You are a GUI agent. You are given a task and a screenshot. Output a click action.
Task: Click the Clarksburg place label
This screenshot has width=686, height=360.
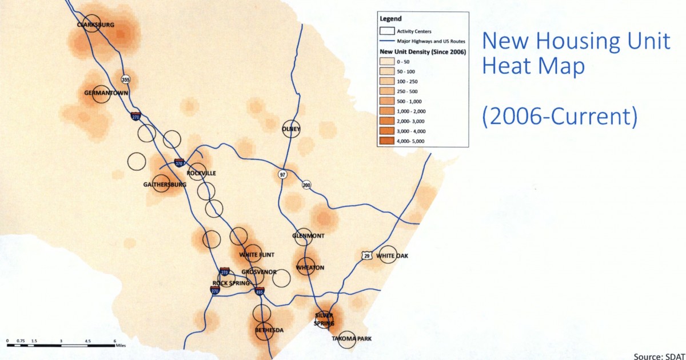(x=96, y=25)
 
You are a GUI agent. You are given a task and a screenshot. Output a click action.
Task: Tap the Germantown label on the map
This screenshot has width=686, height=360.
(x=106, y=93)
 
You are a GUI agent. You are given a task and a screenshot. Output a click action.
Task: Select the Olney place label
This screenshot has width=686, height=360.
(x=291, y=129)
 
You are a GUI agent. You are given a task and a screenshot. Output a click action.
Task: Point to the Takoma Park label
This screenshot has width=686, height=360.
(x=352, y=339)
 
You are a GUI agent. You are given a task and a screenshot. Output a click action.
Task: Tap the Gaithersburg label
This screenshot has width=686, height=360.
(x=165, y=185)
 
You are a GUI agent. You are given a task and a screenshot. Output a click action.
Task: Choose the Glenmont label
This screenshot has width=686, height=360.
(x=308, y=236)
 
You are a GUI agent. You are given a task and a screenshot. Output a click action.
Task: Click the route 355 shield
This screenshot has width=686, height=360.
(x=126, y=79)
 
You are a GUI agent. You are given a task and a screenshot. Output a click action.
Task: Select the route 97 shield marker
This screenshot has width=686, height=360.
(x=282, y=174)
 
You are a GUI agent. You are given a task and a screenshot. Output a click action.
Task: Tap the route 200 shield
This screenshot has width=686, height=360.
(x=307, y=185)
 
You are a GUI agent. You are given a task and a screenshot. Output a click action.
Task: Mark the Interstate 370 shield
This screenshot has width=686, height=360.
(x=179, y=163)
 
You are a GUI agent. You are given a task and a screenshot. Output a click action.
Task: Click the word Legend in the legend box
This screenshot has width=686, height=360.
(x=390, y=19)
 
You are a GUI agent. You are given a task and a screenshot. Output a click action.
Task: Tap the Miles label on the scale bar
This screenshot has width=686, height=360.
(x=120, y=345)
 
